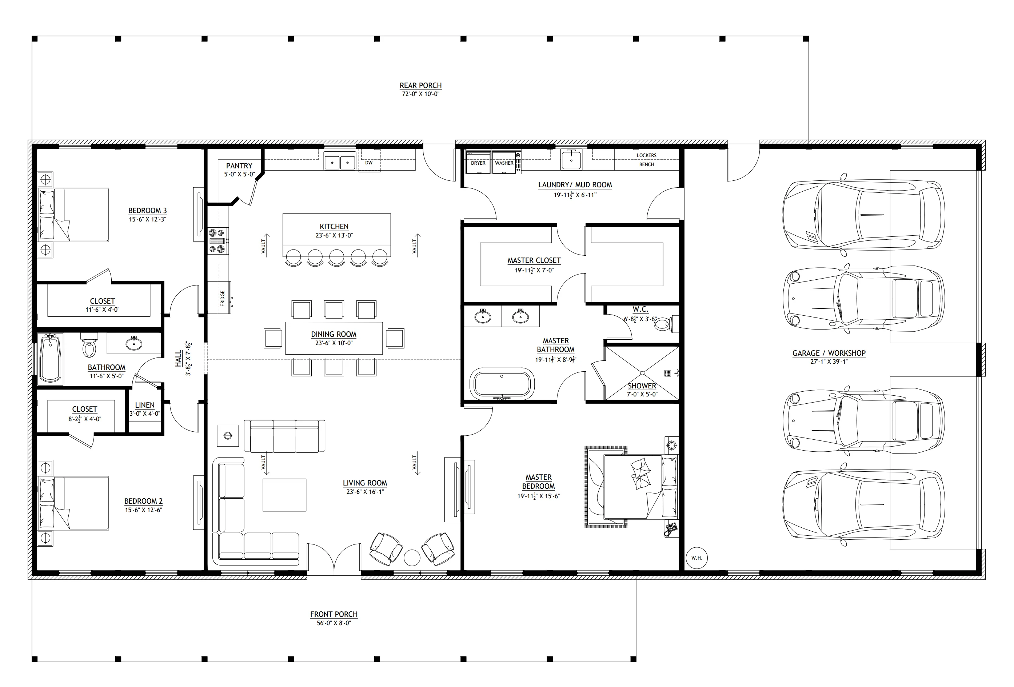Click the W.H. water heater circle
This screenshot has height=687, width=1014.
pyautogui.click(x=696, y=558)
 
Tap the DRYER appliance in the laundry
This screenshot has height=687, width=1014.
pyautogui.click(x=478, y=162)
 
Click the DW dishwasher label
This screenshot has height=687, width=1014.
pyautogui.click(x=369, y=163)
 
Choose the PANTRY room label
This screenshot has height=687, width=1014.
pyautogui.click(x=239, y=166)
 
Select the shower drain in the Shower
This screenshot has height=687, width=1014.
pyautogui.click(x=642, y=373)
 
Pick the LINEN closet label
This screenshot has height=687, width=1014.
pyautogui.click(x=145, y=405)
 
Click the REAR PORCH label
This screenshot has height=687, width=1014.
pyautogui.click(x=420, y=85)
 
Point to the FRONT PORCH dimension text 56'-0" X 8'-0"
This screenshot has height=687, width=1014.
pyautogui.click(x=334, y=623)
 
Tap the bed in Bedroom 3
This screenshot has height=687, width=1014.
pyautogui.click(x=74, y=215)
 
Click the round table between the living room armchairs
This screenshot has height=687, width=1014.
pyautogui.click(x=411, y=558)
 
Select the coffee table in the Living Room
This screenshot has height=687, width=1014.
pyautogui.click(x=284, y=495)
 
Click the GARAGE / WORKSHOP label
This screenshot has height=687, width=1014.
pyautogui.click(x=829, y=353)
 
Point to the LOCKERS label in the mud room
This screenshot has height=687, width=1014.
pyautogui.click(x=646, y=155)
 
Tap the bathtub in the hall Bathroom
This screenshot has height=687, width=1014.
pyautogui.click(x=51, y=359)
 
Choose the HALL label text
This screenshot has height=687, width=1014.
pyautogui.click(x=178, y=359)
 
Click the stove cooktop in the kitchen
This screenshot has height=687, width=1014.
pyautogui.click(x=218, y=241)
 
